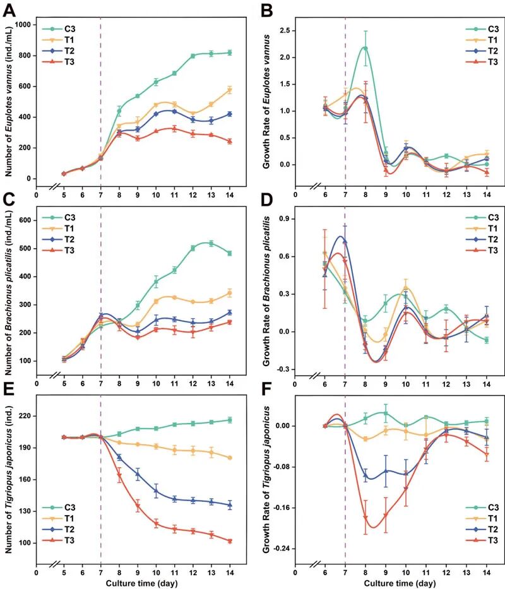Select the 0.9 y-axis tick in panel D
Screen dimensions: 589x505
282,218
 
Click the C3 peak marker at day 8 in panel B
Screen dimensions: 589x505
365,48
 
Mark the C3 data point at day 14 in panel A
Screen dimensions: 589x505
230,52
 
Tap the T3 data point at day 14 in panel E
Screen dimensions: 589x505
230,541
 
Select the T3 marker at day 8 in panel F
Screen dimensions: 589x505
365,518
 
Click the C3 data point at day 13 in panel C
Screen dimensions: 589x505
211,243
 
